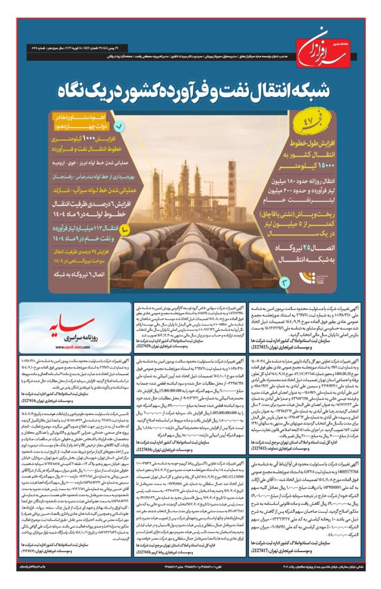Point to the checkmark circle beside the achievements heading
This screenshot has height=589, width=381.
click(119, 127)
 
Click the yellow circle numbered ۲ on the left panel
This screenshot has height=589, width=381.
click(125, 229)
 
